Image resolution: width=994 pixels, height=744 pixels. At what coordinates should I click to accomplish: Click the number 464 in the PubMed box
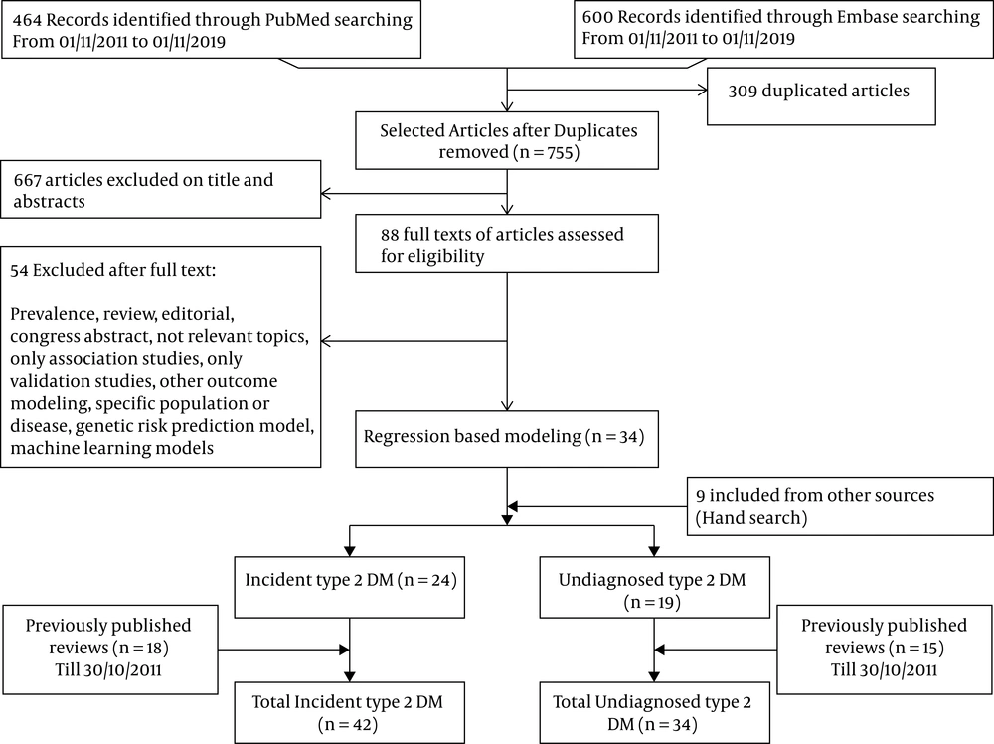27,20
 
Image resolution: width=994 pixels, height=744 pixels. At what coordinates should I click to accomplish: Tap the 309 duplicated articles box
821,96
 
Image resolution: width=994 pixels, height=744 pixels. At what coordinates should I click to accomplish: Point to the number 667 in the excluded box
27,180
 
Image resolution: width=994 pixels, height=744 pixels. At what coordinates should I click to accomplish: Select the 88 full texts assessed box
507,244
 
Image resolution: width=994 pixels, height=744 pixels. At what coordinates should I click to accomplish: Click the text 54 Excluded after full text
113,270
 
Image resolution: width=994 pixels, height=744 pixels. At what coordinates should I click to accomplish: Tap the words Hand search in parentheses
751,518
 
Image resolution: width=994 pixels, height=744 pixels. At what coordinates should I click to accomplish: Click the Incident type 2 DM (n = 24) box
349,587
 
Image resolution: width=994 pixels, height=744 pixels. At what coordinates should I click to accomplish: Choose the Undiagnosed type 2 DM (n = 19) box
654,587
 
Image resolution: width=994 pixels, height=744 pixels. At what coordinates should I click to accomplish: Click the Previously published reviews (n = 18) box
109,649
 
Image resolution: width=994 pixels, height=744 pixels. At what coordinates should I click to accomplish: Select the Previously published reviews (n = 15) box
884,649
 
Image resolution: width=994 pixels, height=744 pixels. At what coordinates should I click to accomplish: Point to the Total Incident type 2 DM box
349,712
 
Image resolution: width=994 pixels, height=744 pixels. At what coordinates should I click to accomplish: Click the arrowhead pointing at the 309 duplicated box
703,91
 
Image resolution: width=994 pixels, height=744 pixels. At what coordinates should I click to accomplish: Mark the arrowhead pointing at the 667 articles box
326,193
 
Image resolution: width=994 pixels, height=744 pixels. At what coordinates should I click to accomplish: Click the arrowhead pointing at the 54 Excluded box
326,341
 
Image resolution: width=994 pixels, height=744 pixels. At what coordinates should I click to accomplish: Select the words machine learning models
112,448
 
